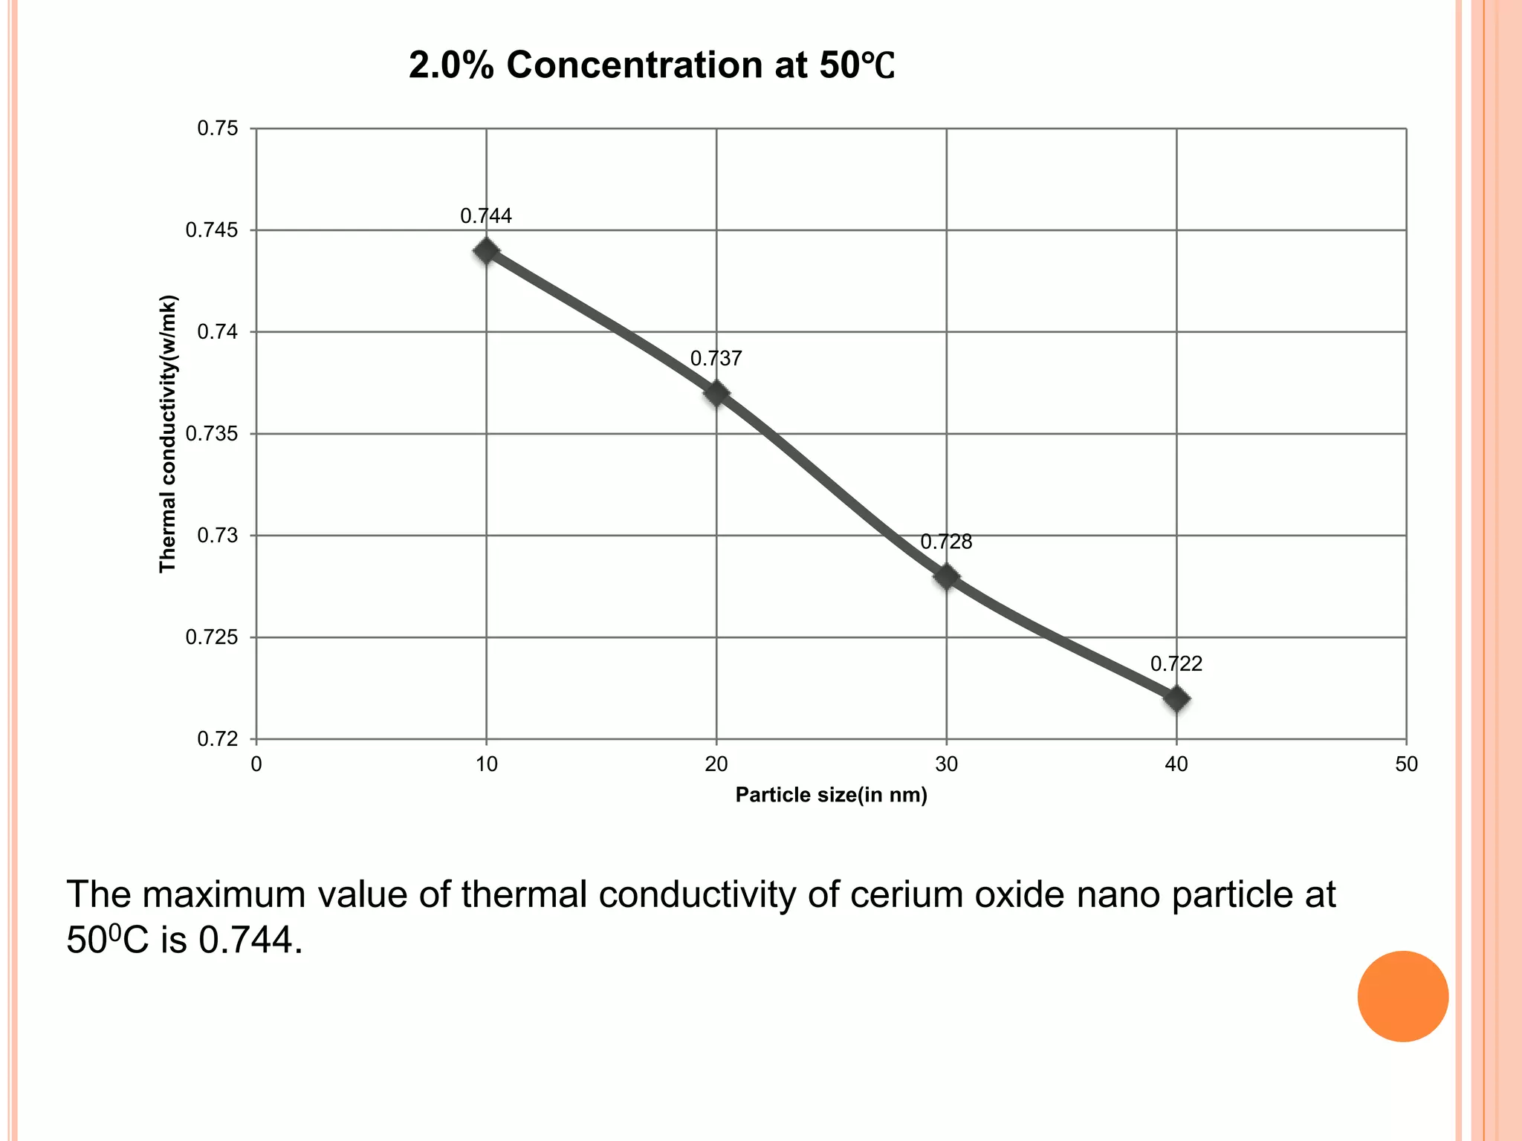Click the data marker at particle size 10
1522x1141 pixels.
click(486, 251)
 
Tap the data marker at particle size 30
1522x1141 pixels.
click(946, 576)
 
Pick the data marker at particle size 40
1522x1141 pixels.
click(1176, 699)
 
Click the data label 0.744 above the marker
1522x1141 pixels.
click(486, 216)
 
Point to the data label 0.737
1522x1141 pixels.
click(716, 359)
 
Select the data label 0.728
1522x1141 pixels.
click(946, 542)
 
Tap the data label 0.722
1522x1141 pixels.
click(1176, 664)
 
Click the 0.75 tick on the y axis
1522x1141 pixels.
click(218, 129)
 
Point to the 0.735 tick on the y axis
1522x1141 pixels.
click(212, 434)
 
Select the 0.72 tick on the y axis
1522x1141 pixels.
click(218, 739)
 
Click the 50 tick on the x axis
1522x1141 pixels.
click(1406, 764)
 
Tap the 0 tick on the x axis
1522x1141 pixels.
click(256, 764)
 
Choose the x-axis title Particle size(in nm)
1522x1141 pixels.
click(831, 796)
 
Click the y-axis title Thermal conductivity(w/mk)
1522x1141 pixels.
click(168, 434)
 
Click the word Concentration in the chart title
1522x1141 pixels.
click(635, 65)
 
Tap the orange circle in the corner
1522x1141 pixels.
click(1402, 996)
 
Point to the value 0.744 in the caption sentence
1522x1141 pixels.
click(250, 941)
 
